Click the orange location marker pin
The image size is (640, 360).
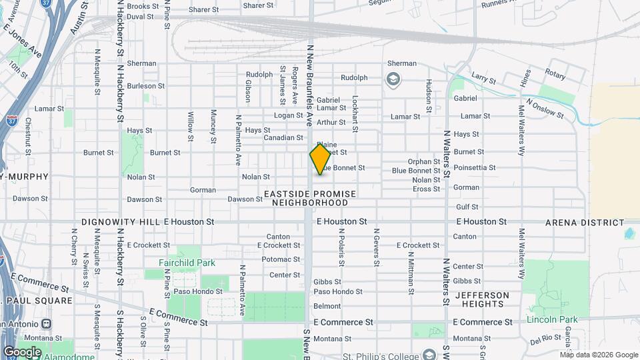(320, 159)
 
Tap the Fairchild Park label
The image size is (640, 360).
(187, 263)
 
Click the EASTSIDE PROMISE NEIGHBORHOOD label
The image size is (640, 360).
(310, 198)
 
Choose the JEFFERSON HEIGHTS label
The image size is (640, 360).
(482, 299)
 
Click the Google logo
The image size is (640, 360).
(22, 352)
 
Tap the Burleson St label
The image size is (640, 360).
(145, 86)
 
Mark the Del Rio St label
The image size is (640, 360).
(546, 341)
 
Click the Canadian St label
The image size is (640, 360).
(283, 138)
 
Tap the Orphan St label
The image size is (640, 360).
(424, 161)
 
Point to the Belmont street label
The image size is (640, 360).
(327, 307)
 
